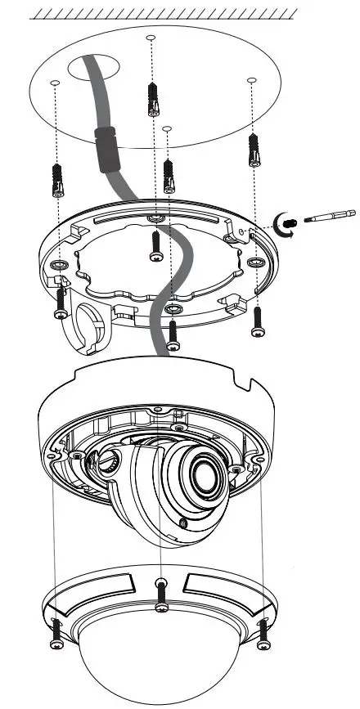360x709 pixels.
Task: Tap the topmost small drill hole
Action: click(150, 38)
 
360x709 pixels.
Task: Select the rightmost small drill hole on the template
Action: click(251, 80)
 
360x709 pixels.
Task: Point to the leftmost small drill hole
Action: click(54, 83)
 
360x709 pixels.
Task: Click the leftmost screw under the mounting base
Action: click(60, 303)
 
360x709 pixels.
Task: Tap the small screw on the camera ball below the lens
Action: click(182, 522)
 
